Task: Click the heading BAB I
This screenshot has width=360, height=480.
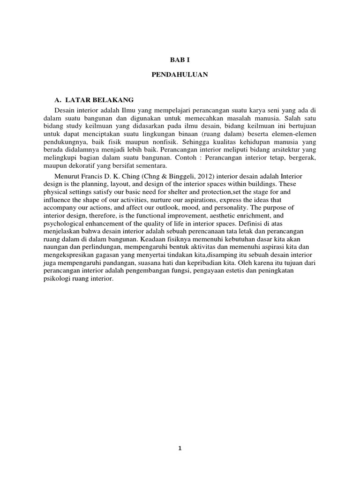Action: [x=180, y=60]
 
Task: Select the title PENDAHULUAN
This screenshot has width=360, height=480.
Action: [x=180, y=75]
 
